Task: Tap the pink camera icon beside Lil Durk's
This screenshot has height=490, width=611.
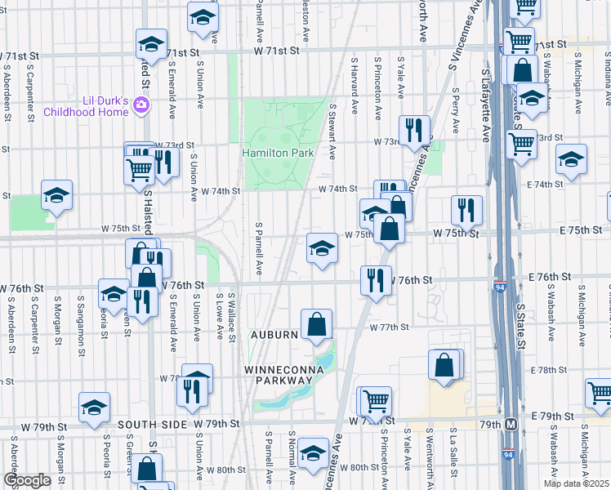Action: click(x=141, y=105)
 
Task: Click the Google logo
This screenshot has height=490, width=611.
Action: click(x=27, y=480)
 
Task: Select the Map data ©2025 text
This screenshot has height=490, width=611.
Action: click(x=577, y=483)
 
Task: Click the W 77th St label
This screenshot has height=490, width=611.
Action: click(x=388, y=327)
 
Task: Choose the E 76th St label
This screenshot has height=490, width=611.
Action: click(x=548, y=278)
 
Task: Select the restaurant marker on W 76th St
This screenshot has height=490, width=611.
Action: click(x=375, y=280)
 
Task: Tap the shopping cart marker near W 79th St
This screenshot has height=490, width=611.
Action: click(x=376, y=401)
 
